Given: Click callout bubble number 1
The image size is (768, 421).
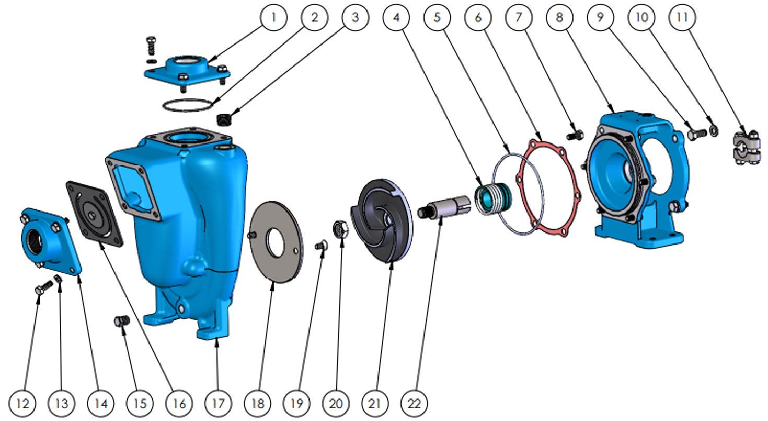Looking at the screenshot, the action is (273, 17).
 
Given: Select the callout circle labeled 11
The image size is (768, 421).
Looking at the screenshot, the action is (682, 17).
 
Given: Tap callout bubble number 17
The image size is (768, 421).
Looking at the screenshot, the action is (219, 403).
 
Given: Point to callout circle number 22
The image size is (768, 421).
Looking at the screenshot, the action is (414, 403).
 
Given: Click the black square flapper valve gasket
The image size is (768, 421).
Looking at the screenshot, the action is (94, 214).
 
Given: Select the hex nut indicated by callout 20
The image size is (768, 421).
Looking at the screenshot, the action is (341, 230).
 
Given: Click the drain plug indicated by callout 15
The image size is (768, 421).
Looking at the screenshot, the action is (122, 321).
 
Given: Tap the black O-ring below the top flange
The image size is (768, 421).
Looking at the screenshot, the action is (187, 105).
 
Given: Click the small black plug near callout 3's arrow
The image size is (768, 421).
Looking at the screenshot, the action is (224, 120).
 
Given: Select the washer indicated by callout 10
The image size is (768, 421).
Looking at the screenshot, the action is (714, 130).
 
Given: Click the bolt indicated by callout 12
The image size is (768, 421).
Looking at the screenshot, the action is (43, 287).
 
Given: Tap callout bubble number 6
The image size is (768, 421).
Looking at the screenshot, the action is (478, 17).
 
